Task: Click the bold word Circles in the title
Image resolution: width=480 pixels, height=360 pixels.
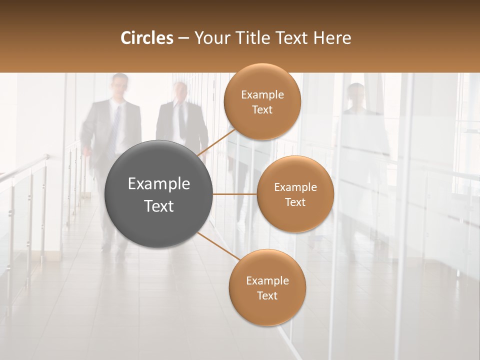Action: pyautogui.click(x=146, y=38)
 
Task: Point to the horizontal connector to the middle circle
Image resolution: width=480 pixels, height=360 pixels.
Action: pyautogui.click(x=234, y=194)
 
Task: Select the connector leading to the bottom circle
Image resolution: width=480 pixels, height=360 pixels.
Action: pyautogui.click(x=218, y=246)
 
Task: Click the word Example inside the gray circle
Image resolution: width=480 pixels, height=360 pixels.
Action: pyautogui.click(x=159, y=184)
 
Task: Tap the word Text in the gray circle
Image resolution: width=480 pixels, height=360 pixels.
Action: pyautogui.click(x=159, y=206)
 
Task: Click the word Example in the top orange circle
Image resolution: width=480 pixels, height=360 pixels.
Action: pyautogui.click(x=262, y=95)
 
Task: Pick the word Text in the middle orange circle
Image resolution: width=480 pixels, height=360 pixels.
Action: pyautogui.click(x=295, y=202)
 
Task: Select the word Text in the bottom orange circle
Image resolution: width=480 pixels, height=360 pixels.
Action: pyautogui.click(x=267, y=296)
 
